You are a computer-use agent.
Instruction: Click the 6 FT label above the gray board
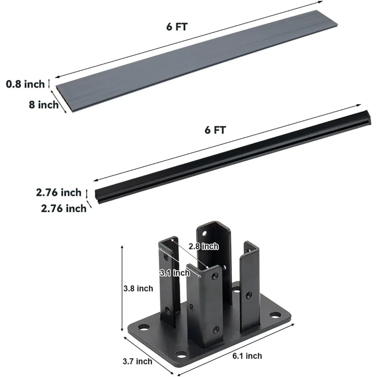pyautogui.click(x=177, y=27)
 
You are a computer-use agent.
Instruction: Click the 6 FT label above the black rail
pyautogui.click(x=215, y=130)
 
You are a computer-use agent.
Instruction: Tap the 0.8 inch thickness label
pyautogui.click(x=26, y=84)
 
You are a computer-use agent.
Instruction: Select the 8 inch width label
pyautogui.click(x=43, y=105)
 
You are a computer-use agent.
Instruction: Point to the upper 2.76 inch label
pyautogui.click(x=59, y=193)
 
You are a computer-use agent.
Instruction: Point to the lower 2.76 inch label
pyautogui.click(x=64, y=208)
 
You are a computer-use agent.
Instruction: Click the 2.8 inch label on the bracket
pyautogui.click(x=204, y=247)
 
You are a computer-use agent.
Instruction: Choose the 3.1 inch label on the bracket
pyautogui.click(x=175, y=273)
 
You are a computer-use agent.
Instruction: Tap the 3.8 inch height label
pyautogui.click(x=138, y=288)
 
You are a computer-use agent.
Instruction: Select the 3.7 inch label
pyautogui.click(x=138, y=362)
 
